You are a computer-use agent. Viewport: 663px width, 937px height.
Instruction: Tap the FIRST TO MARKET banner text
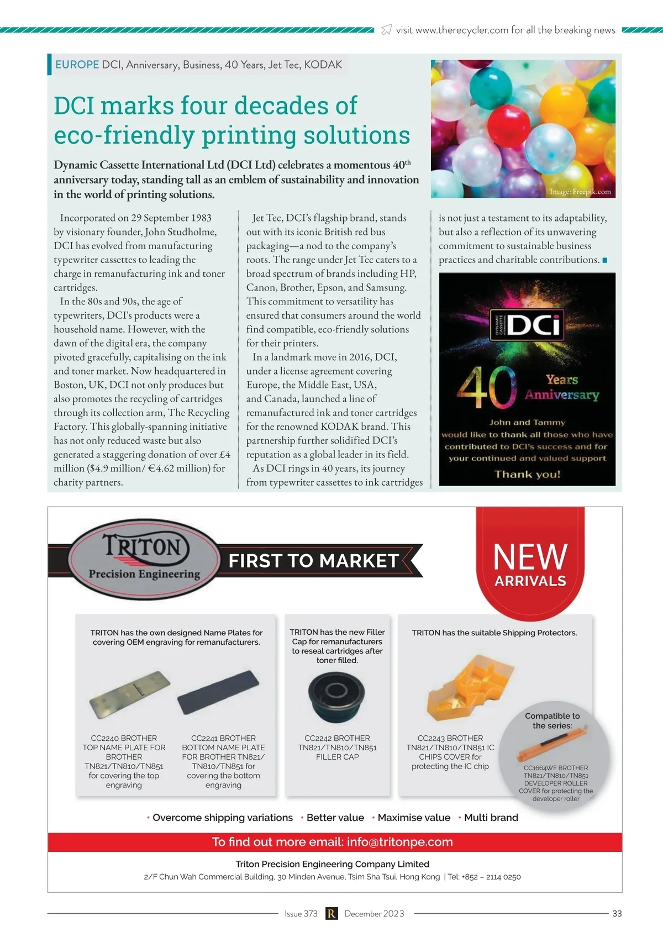point(313,561)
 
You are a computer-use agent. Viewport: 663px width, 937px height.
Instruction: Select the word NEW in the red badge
point(530,556)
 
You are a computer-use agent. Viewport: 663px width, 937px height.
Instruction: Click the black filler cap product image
point(336,696)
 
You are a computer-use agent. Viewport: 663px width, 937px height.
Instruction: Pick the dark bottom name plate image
point(218,692)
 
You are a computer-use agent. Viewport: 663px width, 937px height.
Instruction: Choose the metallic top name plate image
point(130,694)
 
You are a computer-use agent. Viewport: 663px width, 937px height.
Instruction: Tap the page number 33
point(617,913)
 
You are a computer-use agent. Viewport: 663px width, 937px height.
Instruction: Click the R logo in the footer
point(331,913)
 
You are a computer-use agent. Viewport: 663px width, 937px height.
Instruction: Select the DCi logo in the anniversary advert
point(527,325)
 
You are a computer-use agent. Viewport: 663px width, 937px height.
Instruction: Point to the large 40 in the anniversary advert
point(486,387)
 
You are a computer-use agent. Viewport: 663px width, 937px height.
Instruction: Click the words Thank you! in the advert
point(527,474)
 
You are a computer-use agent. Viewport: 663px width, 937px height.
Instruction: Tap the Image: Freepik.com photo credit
point(580,192)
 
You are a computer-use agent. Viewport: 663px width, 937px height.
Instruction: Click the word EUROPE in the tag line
point(77,65)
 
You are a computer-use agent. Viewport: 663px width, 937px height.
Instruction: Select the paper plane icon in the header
point(387,30)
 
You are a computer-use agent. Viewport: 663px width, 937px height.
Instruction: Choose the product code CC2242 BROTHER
point(337,738)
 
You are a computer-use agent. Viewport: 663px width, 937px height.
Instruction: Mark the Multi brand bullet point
point(491,818)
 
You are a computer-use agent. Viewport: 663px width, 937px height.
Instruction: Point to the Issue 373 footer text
point(301,913)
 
